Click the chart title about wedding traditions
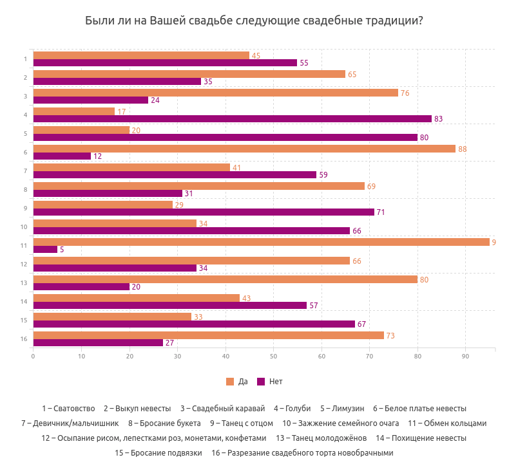[254, 21]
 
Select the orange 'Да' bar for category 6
[244, 149]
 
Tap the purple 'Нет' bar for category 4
[232, 119]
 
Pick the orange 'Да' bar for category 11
[261, 242]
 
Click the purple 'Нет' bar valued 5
[45, 250]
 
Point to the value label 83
[439, 119]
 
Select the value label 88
[463, 149]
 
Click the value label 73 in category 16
[390, 335]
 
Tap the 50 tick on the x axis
[273, 356]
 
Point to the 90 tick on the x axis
[466, 356]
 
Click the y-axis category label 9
[24, 208]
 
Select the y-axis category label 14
[23, 301]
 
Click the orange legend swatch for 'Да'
[230, 382]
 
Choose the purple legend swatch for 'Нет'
[261, 382]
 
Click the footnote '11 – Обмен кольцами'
[447, 423]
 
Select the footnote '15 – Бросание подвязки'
[158, 453]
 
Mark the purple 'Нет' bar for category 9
[203, 212]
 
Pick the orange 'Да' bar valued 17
[73, 111]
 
